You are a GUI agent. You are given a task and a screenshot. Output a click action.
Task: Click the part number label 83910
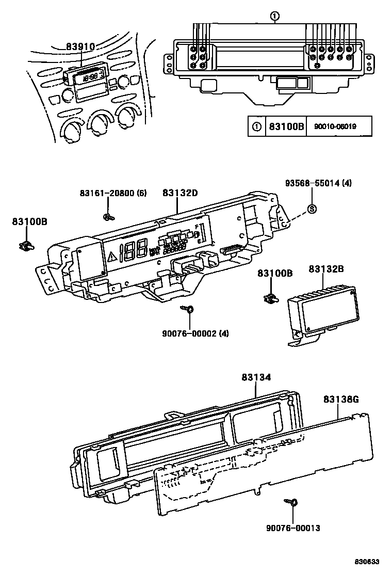80,47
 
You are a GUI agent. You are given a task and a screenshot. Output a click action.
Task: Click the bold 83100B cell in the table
286,126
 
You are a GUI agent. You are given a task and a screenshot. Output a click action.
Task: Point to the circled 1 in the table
256,126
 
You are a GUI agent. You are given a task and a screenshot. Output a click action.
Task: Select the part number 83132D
181,193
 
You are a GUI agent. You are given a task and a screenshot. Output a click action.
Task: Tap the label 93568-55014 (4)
319,183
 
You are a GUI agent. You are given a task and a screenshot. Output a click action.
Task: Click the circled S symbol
312,209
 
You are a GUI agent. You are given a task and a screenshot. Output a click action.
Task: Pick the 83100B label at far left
30,221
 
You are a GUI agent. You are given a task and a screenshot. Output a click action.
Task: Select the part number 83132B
326,269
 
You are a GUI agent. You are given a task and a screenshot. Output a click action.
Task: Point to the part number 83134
256,378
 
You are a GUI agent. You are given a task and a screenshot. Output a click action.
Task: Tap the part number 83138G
341,399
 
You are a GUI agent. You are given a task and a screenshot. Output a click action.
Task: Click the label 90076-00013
293,528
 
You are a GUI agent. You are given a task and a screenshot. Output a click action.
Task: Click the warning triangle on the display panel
112,255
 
